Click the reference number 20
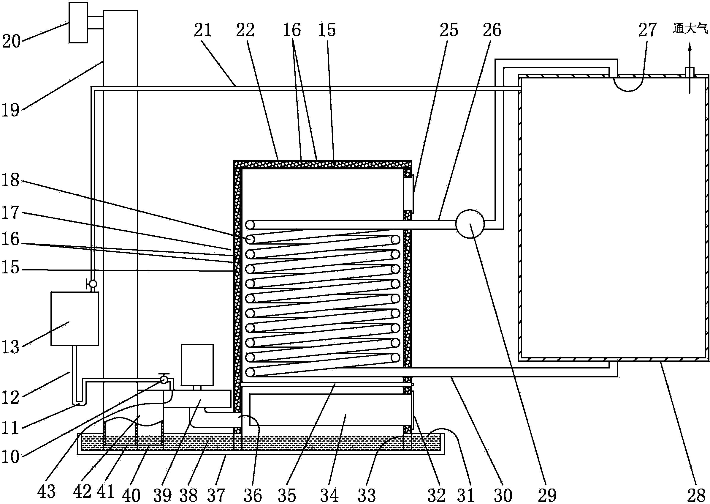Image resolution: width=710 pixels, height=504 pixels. (11, 41)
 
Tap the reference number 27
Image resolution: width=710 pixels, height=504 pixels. (647, 30)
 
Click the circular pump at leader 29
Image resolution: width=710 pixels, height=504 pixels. (470, 224)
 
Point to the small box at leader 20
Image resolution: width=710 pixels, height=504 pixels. (78, 22)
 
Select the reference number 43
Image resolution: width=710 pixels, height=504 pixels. (46, 491)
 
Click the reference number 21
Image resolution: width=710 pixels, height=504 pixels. (203, 30)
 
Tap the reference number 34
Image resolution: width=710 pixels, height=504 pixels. (329, 495)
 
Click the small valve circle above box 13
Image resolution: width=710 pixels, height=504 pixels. (93, 284)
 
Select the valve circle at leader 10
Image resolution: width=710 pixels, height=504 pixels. (164, 379)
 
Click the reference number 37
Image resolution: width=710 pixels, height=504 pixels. (215, 495)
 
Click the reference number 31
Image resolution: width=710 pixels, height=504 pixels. (465, 495)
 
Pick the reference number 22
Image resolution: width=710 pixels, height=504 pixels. (245, 30)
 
